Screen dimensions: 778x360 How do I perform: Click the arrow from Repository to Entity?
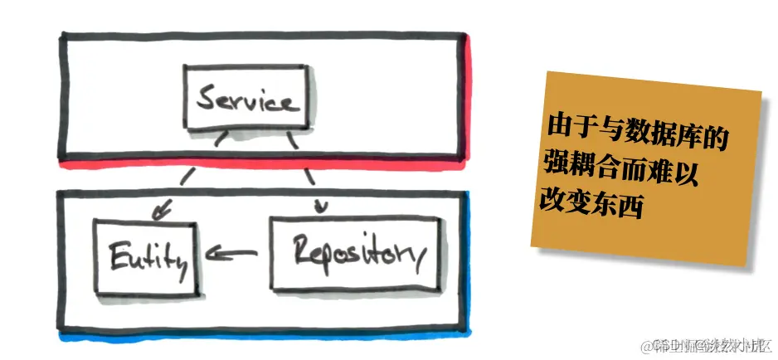coord(233,254)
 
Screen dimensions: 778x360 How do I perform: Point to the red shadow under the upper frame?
coord(265,164)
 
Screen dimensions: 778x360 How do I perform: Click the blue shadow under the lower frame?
coord(265,337)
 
